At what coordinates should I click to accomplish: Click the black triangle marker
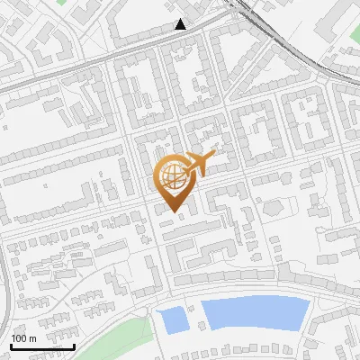(181, 24)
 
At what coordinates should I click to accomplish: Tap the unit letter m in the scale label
(32, 337)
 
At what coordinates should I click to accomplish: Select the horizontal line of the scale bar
(42, 346)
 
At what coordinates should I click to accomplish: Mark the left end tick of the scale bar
(11, 345)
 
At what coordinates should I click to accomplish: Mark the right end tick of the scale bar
(74, 345)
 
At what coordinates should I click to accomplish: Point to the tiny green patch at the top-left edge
(60, 3)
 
